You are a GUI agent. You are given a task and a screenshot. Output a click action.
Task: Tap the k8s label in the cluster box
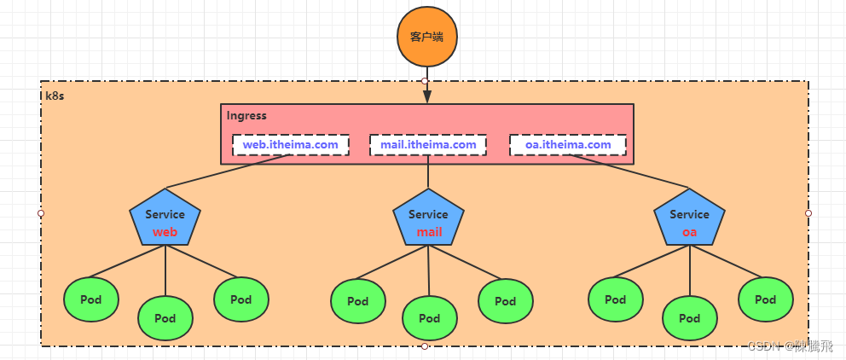pos(54,96)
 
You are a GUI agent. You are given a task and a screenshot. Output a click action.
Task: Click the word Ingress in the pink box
pos(246,115)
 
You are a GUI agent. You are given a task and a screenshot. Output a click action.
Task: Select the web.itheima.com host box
pos(290,145)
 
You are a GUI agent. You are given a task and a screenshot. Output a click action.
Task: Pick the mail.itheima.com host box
pos(428,145)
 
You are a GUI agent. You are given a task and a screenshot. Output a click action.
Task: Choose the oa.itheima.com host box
pos(568,145)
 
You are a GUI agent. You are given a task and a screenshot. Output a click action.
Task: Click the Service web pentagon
pos(165,223)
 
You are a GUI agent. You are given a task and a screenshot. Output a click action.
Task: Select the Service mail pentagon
pos(428,223)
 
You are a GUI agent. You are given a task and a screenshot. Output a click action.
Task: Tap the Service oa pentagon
pos(689,223)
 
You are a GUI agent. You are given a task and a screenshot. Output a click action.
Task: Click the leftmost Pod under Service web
pos(91,299)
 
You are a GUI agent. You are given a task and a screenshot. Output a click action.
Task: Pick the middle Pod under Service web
pos(165,318)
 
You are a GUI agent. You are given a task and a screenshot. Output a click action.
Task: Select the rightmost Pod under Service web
pos(241,299)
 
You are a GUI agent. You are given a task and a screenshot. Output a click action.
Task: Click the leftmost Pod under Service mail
pos(358,300)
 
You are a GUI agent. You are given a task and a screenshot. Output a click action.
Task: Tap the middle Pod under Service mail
pos(430,318)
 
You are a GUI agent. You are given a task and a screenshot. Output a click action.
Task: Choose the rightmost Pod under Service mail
pos(506,300)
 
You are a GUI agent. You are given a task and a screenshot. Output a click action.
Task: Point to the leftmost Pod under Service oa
pos(616,299)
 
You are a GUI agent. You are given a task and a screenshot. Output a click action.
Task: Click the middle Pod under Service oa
pos(690,318)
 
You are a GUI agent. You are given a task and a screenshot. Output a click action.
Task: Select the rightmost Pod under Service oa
pos(766,299)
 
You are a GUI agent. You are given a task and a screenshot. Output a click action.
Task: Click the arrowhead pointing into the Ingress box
pos(427,97)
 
